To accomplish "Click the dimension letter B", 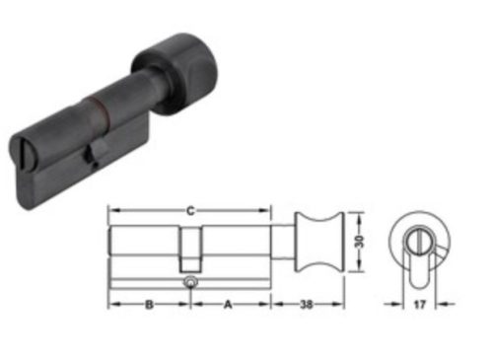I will tap(149, 304).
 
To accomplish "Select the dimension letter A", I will tap(230, 304).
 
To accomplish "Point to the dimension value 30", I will tap(360, 242).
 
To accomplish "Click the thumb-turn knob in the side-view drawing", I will tap(320, 242).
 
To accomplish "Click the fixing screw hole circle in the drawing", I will tap(189, 283).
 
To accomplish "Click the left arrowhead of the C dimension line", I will tap(111, 209).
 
